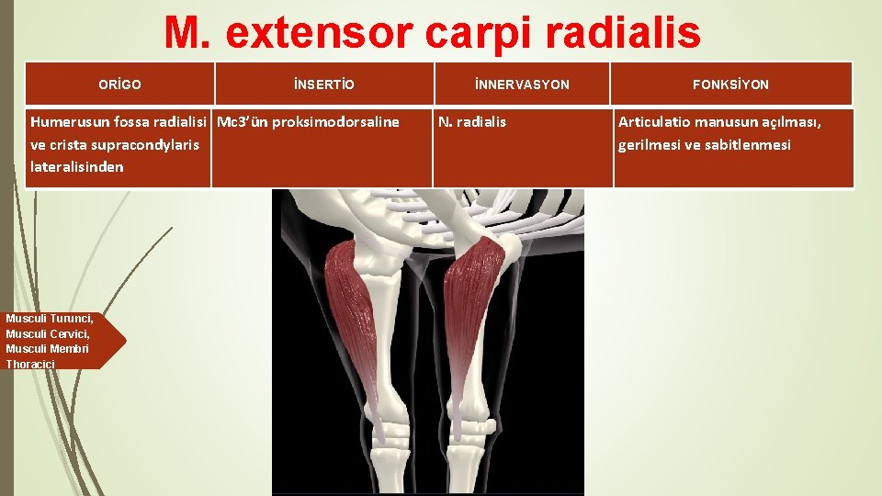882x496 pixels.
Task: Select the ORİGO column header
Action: pos(119,85)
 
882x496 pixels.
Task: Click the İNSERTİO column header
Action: pos(323,85)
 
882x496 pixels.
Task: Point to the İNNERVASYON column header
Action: pos(522,85)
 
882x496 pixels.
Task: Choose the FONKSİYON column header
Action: pos(731,85)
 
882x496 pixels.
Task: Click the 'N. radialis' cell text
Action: pos(472,121)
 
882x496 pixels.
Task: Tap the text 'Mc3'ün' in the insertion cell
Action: pos(241,121)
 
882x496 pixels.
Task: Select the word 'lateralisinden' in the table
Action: pos(77,167)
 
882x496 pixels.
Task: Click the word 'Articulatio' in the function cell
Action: pos(654,121)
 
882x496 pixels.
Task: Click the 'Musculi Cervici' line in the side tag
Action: pos(48,334)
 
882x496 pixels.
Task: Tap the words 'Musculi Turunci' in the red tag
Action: pos(49,319)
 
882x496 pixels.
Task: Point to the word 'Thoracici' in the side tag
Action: pos(30,365)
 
